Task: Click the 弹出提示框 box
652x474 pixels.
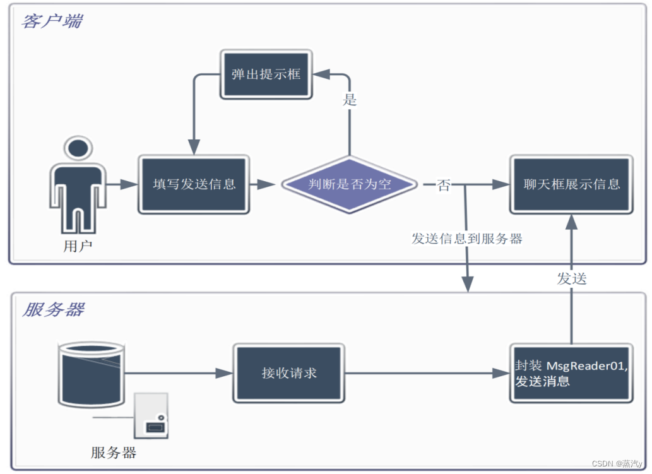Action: pos(266,74)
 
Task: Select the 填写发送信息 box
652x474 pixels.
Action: pos(194,184)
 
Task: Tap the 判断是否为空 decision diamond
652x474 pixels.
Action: pos(350,184)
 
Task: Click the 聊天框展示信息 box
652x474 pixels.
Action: pos(571,184)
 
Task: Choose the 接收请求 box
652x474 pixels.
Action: pos(288,373)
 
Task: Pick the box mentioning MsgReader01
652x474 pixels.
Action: pos(571,373)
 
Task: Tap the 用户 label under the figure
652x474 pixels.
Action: pos(78,246)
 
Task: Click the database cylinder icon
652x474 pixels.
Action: pos(91,374)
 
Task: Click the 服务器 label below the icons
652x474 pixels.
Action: pos(114,453)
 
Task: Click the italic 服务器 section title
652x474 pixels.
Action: pos(53,310)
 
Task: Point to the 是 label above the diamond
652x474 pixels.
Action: pos(350,100)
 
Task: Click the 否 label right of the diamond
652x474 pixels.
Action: pos(444,185)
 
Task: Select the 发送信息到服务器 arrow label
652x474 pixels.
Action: pos(466,239)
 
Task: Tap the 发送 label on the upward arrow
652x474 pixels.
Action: pos(571,278)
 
